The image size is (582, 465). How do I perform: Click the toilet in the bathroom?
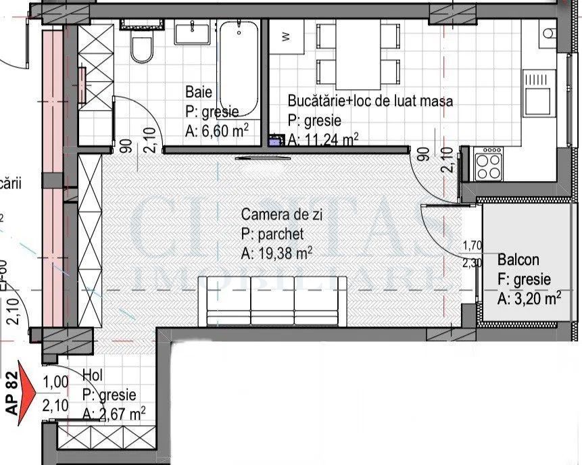(142, 47)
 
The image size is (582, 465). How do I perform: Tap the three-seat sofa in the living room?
(274, 301)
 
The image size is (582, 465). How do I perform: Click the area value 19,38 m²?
(276, 254)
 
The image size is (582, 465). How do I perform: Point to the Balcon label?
(518, 260)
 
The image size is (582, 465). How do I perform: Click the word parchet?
(279, 235)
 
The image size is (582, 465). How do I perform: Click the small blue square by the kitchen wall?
(275, 141)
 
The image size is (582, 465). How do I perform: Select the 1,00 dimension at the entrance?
(55, 382)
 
